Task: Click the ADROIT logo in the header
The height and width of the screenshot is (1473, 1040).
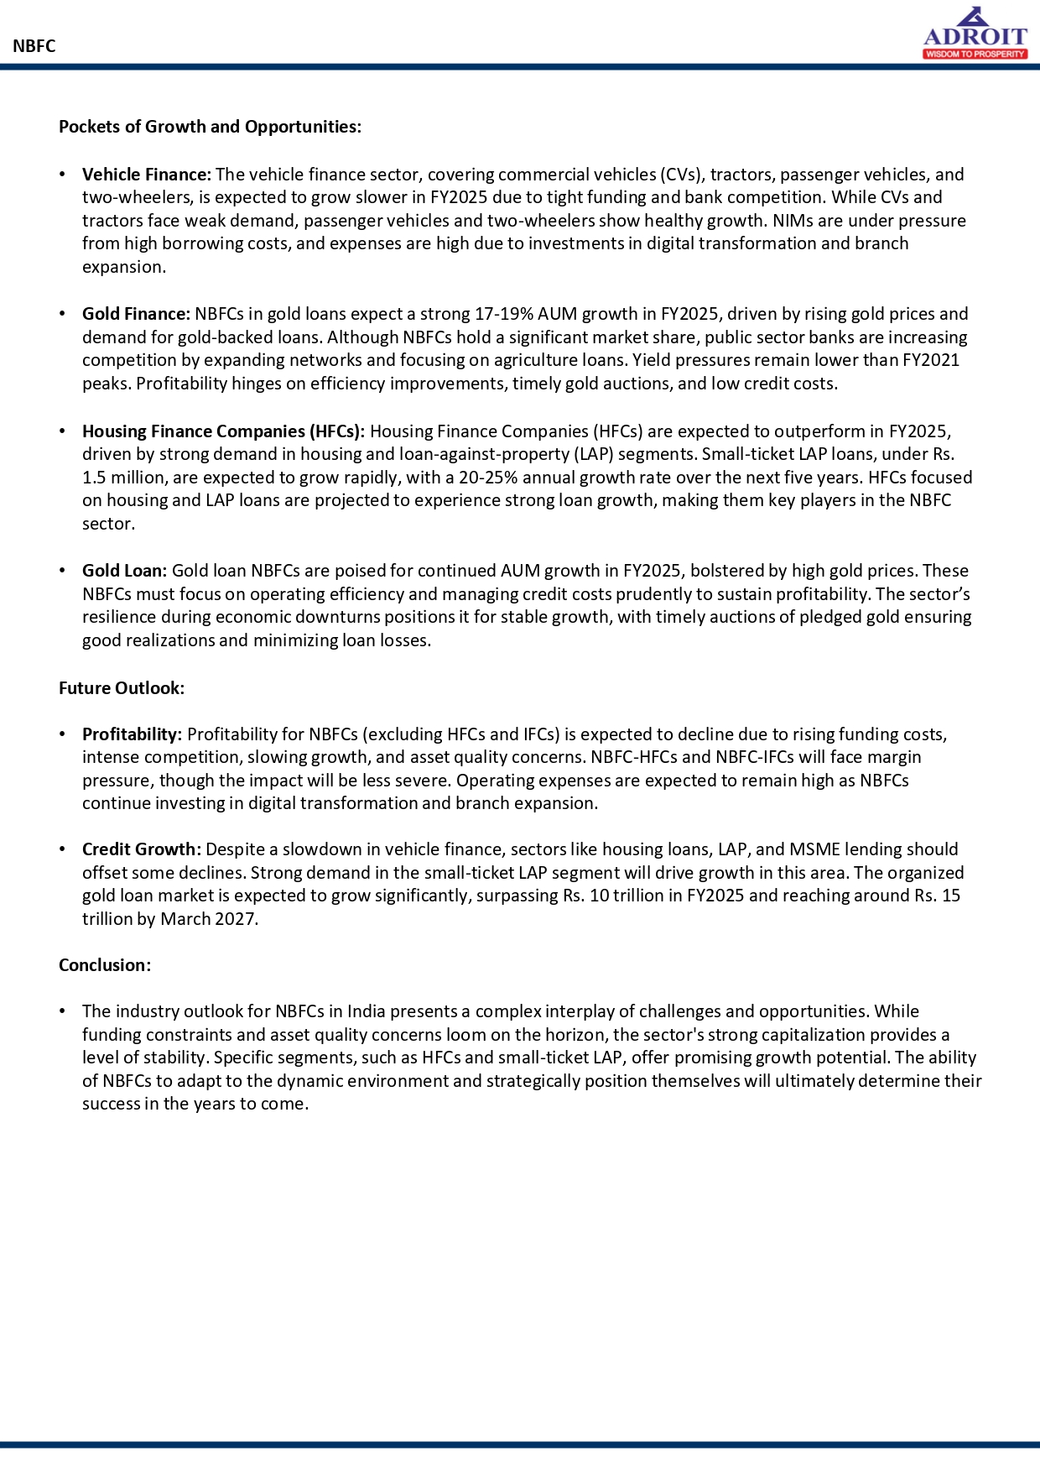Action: (x=975, y=34)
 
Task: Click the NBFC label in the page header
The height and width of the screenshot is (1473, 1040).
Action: (x=34, y=46)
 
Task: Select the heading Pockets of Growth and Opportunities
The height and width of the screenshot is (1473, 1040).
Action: (x=210, y=127)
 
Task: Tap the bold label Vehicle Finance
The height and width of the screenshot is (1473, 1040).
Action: (x=147, y=175)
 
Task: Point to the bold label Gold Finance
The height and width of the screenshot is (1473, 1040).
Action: (x=137, y=314)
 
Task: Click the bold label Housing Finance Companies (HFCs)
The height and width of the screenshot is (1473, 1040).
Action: (x=223, y=431)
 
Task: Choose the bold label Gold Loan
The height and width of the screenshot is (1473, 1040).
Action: (x=124, y=571)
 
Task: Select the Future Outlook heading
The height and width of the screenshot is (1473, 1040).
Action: (x=122, y=688)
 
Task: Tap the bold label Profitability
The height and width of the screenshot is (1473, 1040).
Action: (x=132, y=734)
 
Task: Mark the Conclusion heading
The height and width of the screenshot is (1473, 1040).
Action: (x=105, y=965)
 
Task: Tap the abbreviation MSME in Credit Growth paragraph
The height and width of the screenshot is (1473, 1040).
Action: (x=814, y=849)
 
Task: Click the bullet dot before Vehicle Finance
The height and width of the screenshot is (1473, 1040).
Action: (x=63, y=175)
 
